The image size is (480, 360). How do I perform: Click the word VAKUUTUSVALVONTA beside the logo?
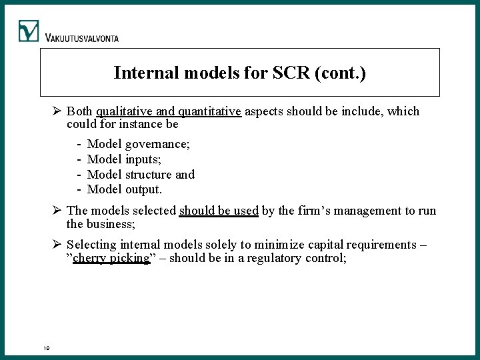point(82,38)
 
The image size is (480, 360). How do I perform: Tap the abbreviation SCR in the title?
point(290,72)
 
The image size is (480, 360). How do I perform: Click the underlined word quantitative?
point(209,111)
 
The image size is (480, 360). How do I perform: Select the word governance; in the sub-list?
point(157,144)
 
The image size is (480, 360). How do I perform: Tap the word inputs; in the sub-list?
point(143,159)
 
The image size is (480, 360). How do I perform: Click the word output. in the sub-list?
point(143,189)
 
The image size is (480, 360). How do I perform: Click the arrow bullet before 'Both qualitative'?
point(58,111)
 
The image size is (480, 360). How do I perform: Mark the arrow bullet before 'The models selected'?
point(58,211)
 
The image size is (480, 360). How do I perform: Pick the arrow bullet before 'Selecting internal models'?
point(58,245)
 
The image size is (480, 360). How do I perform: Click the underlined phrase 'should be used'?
point(219,211)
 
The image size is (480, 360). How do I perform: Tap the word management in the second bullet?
point(351,211)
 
